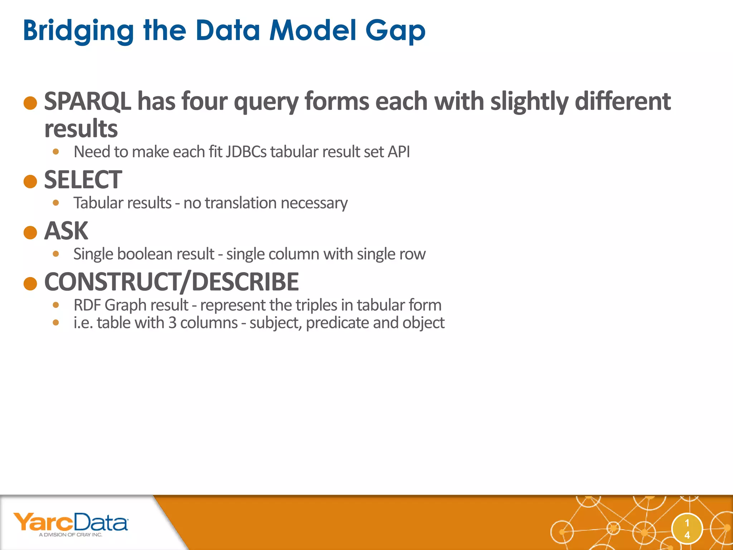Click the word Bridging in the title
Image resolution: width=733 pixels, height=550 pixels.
(x=78, y=31)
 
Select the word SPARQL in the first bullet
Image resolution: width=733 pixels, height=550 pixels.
(x=87, y=101)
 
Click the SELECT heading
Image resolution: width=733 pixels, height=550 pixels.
(x=83, y=180)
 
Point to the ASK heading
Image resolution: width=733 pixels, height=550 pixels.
(x=66, y=231)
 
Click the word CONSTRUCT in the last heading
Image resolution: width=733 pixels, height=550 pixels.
(x=111, y=282)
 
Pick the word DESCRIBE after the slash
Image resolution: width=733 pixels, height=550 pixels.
(x=245, y=282)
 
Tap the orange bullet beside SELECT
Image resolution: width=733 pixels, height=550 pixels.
(x=30, y=182)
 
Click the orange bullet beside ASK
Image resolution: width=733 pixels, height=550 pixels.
(x=30, y=233)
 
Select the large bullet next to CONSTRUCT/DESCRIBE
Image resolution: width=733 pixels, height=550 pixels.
(x=30, y=284)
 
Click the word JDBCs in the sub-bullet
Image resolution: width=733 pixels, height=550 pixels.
(x=246, y=152)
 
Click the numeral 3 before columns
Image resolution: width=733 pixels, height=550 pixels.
(x=172, y=323)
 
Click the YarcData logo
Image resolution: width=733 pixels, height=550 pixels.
(x=71, y=524)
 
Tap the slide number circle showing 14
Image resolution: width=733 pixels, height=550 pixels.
(x=687, y=529)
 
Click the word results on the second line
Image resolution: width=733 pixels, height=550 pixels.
(x=81, y=129)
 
